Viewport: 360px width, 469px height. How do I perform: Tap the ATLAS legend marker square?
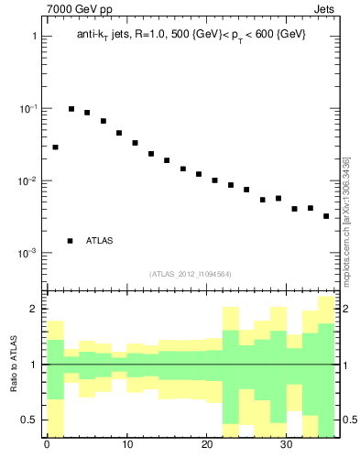click(70, 241)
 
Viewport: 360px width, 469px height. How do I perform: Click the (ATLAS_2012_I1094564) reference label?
click(191, 273)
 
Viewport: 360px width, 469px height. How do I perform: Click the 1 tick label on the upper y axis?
click(34, 37)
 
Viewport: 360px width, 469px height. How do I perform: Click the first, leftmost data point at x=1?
click(55, 147)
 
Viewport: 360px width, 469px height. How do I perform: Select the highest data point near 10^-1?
click(71, 109)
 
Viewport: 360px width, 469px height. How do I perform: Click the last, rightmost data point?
click(326, 216)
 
